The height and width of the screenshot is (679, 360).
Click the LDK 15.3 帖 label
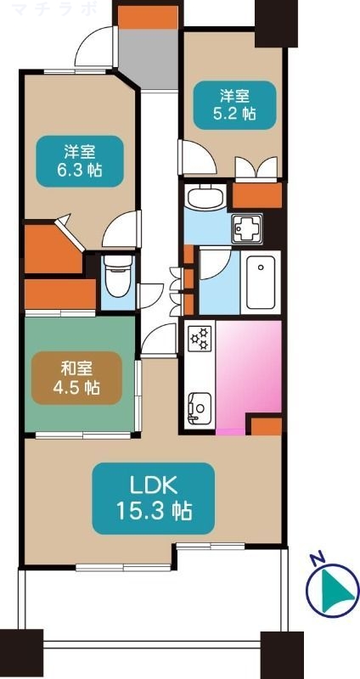click(153, 498)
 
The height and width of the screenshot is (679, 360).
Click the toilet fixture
click(115, 276)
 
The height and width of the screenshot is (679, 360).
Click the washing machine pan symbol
click(247, 227)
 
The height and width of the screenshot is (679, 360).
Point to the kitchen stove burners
click(201, 339)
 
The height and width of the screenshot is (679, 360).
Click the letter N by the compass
click(316, 558)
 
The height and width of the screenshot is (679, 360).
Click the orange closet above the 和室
click(59, 295)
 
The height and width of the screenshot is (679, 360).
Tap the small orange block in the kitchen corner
click(264, 425)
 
